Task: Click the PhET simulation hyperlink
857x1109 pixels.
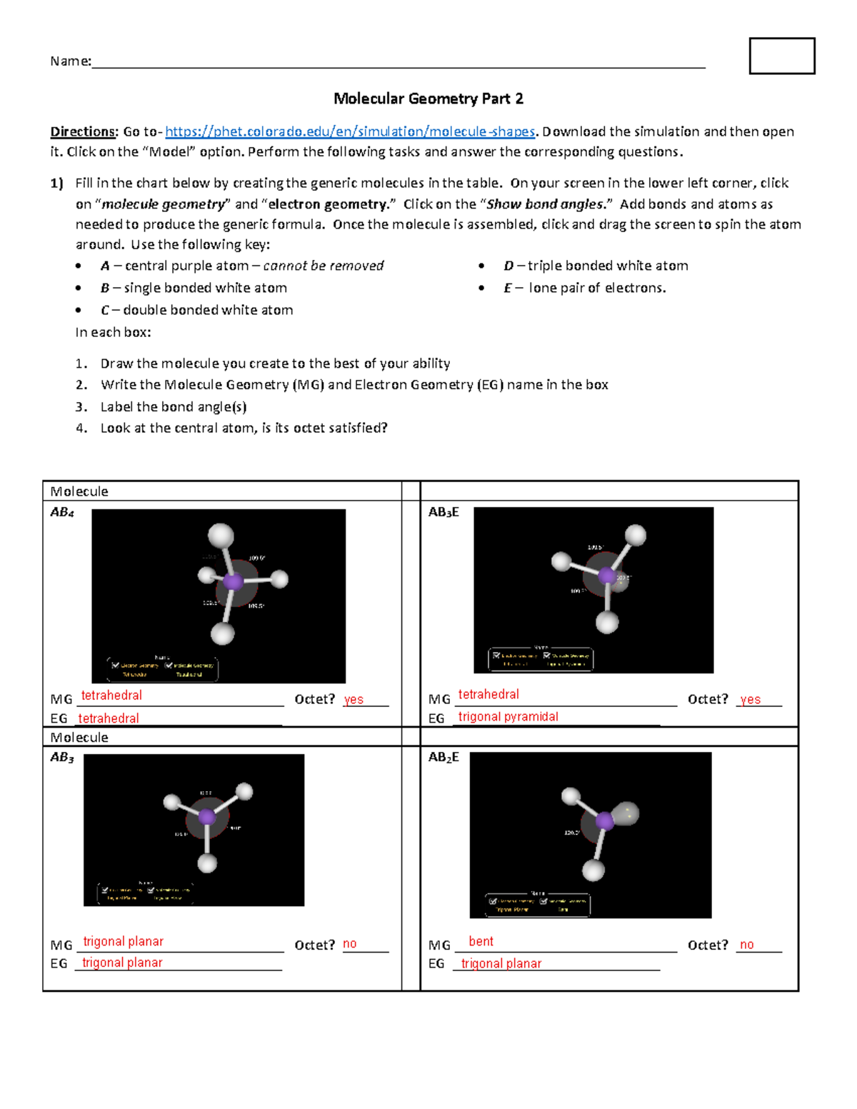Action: (350, 131)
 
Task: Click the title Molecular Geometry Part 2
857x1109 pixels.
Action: (428, 99)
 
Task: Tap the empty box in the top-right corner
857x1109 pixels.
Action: (782, 56)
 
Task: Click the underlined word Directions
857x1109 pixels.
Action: (83, 131)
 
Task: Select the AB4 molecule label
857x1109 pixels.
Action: (62, 512)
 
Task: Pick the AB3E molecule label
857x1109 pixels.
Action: (443, 512)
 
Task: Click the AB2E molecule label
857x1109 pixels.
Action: (443, 757)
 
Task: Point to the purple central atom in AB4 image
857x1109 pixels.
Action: (233, 581)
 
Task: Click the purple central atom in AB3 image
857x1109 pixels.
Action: (207, 817)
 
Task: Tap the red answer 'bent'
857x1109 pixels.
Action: (481, 941)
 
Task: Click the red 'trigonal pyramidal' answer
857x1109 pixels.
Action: (508, 716)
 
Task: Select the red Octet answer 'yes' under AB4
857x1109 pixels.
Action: (354, 700)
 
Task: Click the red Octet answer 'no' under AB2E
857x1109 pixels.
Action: (747, 945)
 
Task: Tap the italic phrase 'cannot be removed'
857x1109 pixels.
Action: (324, 266)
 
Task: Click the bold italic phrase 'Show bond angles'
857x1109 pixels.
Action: (545, 204)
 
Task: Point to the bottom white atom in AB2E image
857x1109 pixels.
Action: (593, 870)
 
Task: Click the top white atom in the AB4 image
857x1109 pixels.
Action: (221, 535)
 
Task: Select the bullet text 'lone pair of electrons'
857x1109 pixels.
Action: (597, 288)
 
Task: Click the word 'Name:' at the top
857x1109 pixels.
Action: (70, 61)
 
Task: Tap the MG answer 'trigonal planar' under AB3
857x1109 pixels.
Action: (123, 941)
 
